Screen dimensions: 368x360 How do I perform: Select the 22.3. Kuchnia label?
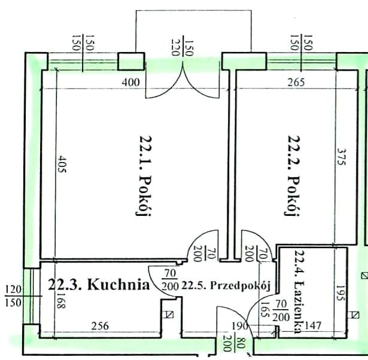pos(99,285)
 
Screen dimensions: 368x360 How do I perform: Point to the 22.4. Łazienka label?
pos(300,292)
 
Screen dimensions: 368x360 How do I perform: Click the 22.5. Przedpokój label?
pos(226,285)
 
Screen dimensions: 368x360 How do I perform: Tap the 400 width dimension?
pos(130,83)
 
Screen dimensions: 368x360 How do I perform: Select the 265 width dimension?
pos(296,83)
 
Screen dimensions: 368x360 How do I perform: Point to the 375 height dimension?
pos(341,157)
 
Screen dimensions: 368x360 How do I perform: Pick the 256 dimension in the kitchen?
pos(100,326)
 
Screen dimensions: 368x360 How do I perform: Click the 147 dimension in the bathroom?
pos(312,325)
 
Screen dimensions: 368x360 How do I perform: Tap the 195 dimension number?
pos(340,293)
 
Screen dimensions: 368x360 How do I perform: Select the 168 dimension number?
pos(61,300)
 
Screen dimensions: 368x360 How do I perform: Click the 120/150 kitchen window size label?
pos(13,296)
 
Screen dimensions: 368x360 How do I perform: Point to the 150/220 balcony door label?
pos(183,48)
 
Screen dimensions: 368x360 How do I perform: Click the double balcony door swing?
pos(183,80)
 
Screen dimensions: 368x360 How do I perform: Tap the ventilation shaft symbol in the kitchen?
pos(169,315)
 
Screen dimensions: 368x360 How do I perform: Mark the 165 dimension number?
pos(264,309)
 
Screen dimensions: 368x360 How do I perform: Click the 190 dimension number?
pos(240,327)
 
